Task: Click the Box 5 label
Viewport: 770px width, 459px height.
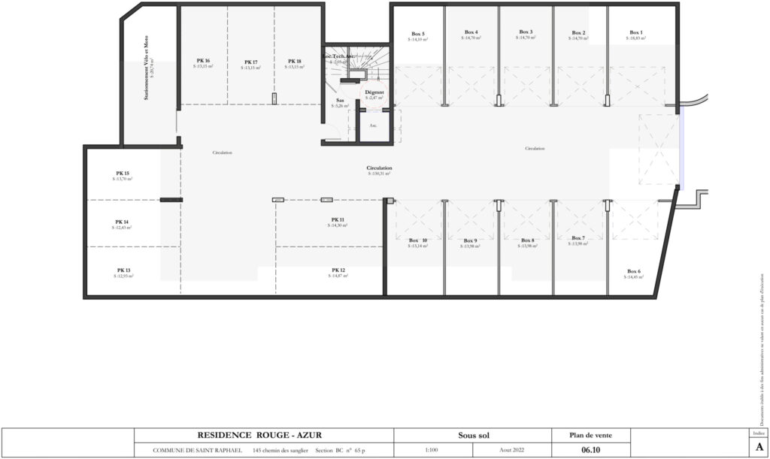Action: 418,34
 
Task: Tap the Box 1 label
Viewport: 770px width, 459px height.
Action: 636,32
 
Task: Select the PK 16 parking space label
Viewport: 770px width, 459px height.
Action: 203,60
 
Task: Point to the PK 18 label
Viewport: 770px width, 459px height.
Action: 295,61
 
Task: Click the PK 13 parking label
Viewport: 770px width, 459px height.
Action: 124,270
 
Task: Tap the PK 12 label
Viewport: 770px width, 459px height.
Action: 338,270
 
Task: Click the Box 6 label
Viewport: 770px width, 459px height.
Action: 634,271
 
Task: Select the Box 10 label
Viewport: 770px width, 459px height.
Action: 418,240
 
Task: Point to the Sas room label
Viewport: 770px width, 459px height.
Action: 341,100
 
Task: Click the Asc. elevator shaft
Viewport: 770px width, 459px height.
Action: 374,126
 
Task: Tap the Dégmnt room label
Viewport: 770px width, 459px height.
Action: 374,92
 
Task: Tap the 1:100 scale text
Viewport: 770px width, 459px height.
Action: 432,450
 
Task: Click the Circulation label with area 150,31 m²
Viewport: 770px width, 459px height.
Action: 380,168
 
